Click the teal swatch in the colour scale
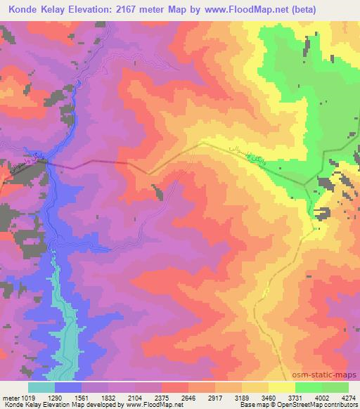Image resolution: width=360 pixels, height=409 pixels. click(41, 387)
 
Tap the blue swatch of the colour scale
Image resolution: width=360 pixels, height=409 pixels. click(67, 387)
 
